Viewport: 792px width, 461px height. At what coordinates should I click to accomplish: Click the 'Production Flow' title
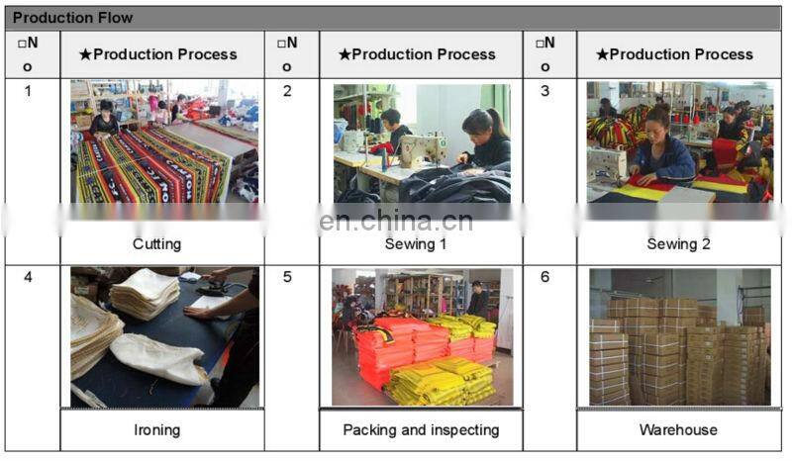tap(72, 18)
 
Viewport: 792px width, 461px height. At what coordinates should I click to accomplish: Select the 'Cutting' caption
tap(156, 244)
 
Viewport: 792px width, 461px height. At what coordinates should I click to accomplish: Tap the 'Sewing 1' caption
tap(415, 244)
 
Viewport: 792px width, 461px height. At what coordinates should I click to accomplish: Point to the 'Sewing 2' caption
tap(678, 244)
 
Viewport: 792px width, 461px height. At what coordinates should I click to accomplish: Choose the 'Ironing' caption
tap(156, 429)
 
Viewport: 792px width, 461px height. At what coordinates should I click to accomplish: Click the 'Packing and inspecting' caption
tap(421, 429)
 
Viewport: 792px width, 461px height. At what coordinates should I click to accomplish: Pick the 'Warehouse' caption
tap(678, 429)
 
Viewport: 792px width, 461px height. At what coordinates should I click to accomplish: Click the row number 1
tap(28, 91)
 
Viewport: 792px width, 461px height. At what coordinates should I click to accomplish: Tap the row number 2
tap(287, 91)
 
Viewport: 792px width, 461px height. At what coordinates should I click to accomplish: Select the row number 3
tap(545, 91)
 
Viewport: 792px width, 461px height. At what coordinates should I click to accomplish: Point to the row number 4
tap(28, 277)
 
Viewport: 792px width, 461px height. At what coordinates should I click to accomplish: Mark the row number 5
tap(287, 277)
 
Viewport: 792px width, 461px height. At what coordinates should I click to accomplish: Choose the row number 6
tap(545, 277)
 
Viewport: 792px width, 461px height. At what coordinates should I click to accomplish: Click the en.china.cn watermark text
tap(396, 222)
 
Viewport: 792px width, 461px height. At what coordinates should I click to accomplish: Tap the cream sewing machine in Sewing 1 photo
tap(424, 149)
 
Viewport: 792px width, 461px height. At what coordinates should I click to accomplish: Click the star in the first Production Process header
tap(85, 54)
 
